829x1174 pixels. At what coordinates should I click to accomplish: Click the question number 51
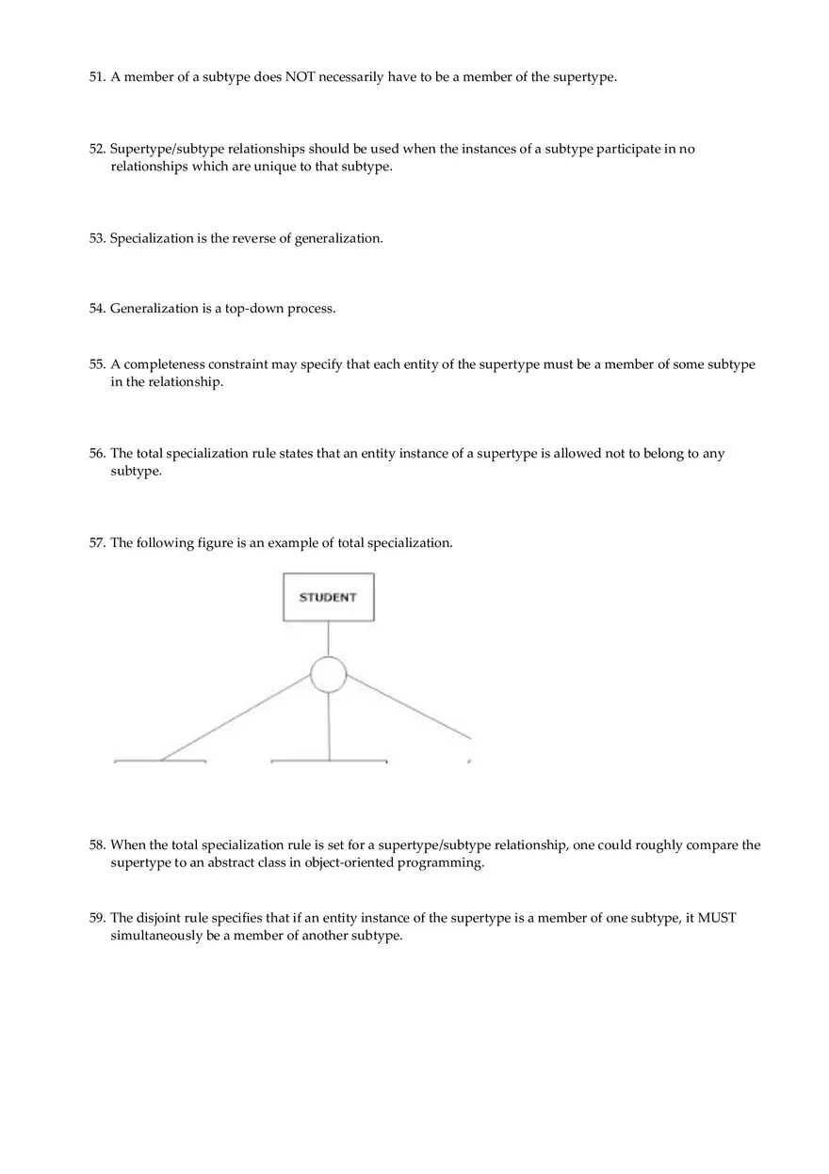pyautogui.click(x=97, y=77)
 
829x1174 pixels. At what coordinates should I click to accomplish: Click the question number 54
pyautogui.click(x=97, y=309)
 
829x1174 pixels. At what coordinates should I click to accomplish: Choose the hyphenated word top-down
pyautogui.click(x=253, y=309)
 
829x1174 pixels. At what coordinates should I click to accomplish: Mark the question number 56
pyautogui.click(x=97, y=454)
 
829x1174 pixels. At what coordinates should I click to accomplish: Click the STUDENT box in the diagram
pyautogui.click(x=328, y=597)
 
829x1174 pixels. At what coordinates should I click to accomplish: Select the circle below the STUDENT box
pyautogui.click(x=329, y=675)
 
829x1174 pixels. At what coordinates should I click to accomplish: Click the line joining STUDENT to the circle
pyautogui.click(x=329, y=639)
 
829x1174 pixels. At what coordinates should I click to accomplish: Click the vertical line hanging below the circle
pyautogui.click(x=329, y=725)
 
